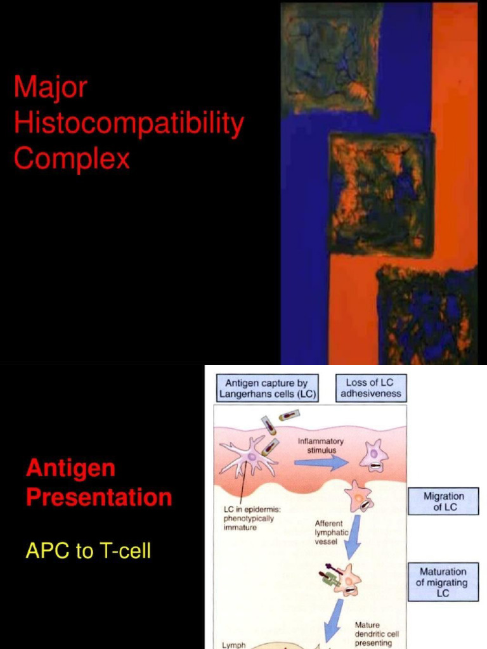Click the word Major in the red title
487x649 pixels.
50,87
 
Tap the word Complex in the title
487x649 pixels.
71,158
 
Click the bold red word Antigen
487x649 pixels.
70,469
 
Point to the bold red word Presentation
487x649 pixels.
99,498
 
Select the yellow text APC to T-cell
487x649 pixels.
88,551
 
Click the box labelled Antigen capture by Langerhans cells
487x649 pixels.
266,389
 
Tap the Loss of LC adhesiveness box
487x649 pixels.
370,388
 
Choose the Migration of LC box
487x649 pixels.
444,501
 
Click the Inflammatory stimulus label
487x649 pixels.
320,446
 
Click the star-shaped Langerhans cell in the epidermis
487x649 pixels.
249,458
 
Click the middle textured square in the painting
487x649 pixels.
380,193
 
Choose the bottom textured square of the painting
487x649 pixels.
426,315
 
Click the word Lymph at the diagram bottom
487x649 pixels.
233,645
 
